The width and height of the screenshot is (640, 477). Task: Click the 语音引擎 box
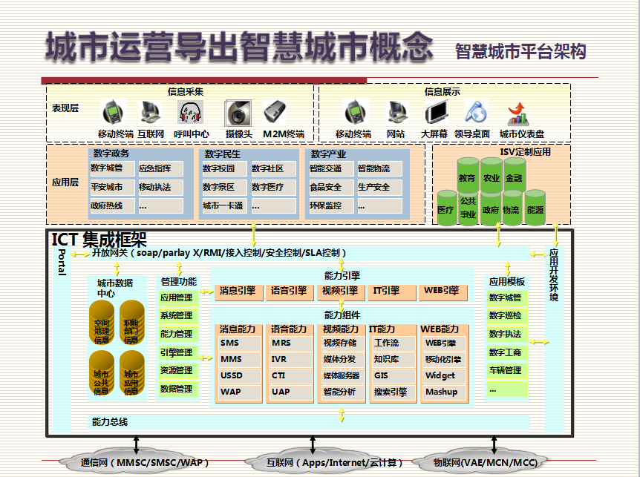[x=290, y=292]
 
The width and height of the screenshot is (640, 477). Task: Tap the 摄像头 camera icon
[x=238, y=113]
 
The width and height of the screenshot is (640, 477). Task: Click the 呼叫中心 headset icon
[x=191, y=113]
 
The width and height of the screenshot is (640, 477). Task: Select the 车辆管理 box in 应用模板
[x=506, y=370]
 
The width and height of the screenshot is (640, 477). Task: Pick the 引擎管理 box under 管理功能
[x=177, y=352]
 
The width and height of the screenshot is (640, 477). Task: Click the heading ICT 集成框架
[x=99, y=239]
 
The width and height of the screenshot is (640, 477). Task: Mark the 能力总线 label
[x=109, y=422]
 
